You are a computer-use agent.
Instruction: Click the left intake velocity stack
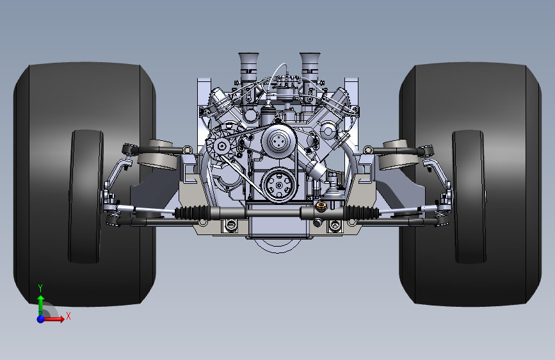coord(249,67)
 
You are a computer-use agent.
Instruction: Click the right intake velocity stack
coord(310,67)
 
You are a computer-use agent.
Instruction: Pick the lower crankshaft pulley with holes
coord(279,185)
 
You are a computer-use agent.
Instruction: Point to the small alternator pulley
coord(222,145)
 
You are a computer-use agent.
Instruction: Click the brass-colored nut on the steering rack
coord(321,206)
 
